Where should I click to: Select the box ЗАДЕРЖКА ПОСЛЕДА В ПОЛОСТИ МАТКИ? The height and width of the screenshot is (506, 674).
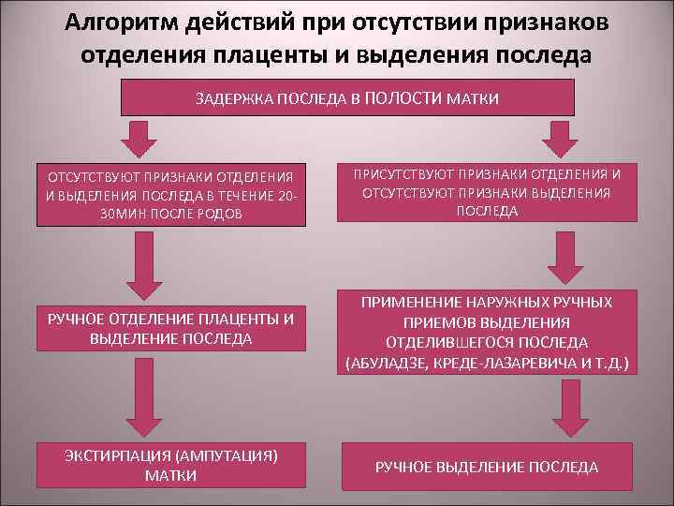pos(347,98)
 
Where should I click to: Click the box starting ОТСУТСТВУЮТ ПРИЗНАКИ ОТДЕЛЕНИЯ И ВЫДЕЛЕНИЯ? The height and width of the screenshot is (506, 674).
pos(170,195)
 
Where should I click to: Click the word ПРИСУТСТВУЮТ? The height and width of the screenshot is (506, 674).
pos(402,173)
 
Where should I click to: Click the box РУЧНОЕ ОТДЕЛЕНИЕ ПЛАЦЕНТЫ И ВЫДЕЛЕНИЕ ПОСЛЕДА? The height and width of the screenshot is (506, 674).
pos(170,328)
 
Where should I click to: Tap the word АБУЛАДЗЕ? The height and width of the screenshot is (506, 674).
pos(386,362)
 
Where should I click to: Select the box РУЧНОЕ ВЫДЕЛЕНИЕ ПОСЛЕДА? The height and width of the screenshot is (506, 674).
pos(486,466)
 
